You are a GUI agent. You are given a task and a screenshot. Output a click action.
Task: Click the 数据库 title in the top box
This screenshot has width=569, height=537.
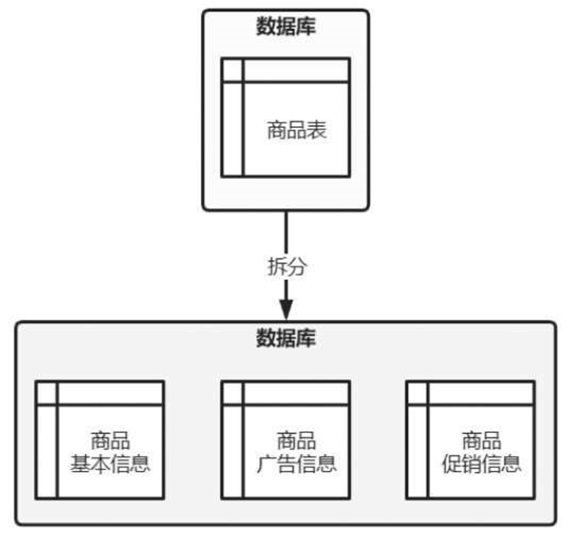point(286,28)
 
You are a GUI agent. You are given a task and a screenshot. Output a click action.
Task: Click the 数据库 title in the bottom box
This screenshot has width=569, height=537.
point(286,339)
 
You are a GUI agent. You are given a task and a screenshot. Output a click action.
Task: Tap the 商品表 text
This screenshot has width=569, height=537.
point(297,131)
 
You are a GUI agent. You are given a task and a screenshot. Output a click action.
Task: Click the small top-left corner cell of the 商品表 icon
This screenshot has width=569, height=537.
point(233,70)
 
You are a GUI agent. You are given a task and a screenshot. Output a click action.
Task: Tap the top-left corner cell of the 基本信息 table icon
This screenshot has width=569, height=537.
point(47,393)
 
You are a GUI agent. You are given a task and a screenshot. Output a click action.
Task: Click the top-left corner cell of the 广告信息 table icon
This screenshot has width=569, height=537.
point(233,393)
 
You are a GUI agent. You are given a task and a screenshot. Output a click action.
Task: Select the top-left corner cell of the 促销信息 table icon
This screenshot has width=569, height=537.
point(417,393)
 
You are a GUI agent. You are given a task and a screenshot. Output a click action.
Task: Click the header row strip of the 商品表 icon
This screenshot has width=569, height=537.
point(296,70)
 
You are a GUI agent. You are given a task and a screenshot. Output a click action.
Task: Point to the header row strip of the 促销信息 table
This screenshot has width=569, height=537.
point(480,393)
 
